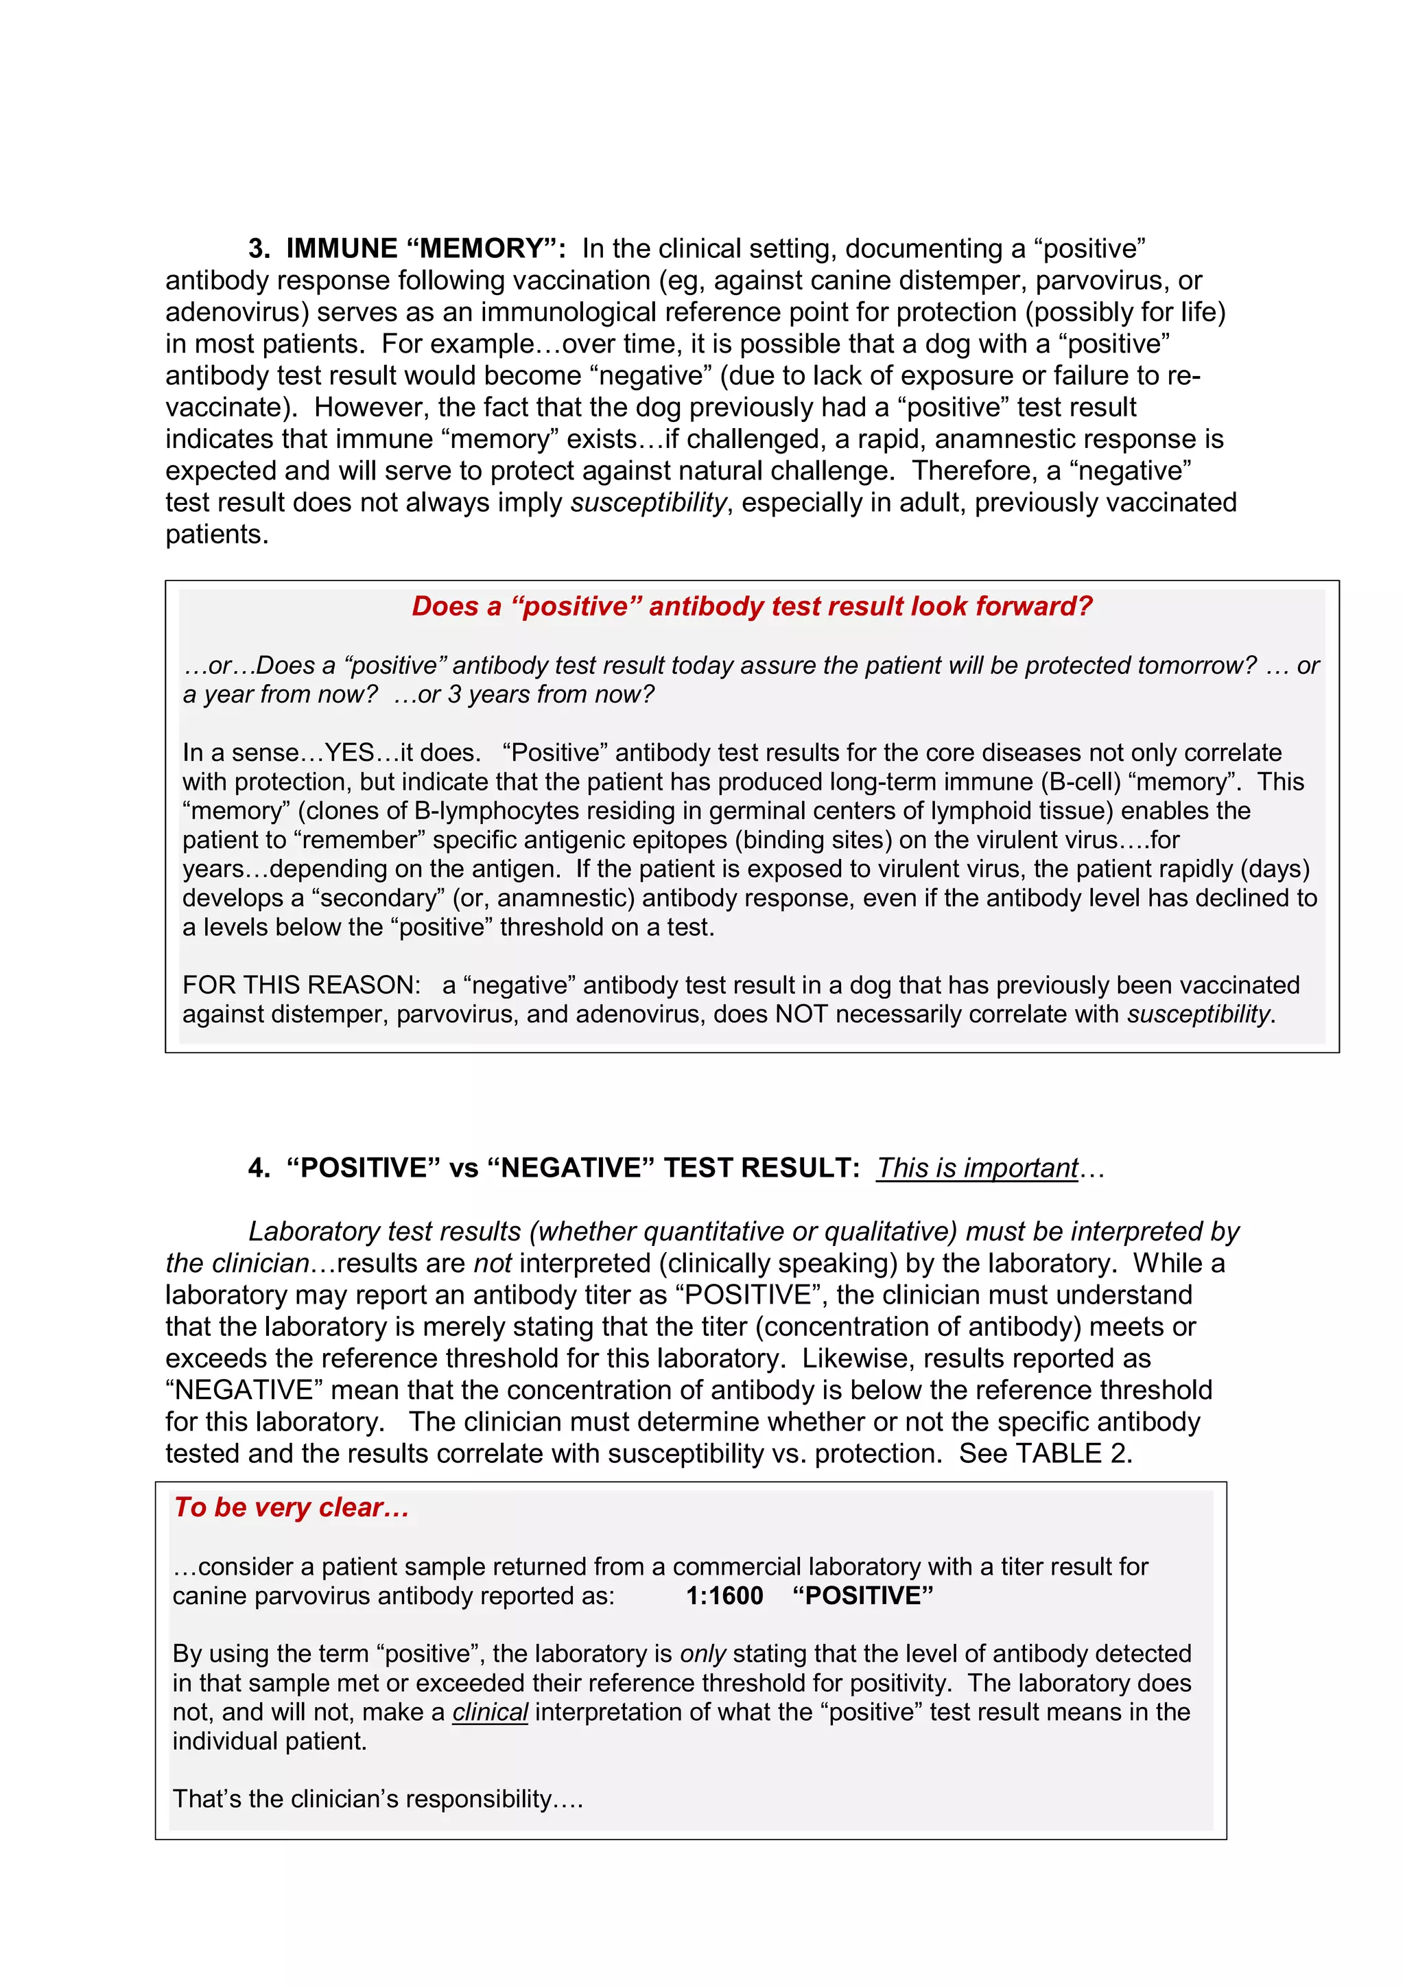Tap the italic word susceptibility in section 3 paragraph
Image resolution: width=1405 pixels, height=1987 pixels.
coord(648,503)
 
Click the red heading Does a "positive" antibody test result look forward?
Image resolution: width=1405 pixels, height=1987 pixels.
coord(751,607)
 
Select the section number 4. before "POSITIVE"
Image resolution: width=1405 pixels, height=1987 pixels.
coord(259,1168)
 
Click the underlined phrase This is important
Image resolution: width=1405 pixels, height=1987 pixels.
coord(978,1168)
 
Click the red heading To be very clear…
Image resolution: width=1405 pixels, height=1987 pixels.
coord(292,1507)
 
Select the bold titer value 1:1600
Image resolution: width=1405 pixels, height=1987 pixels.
coord(724,1596)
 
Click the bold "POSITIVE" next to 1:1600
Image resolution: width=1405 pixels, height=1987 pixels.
coord(862,1596)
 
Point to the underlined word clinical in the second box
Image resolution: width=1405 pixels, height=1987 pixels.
coord(490,1712)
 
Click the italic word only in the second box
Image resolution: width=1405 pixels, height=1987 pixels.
coord(702,1654)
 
